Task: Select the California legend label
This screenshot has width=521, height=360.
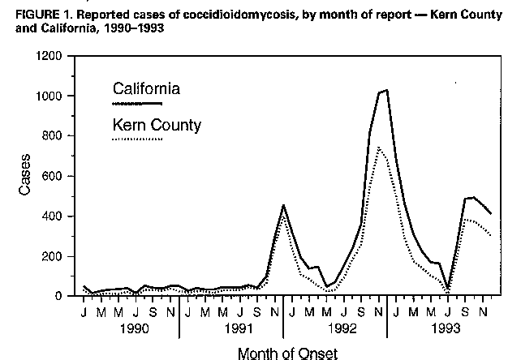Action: (x=146, y=88)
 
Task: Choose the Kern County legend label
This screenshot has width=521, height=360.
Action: (x=156, y=125)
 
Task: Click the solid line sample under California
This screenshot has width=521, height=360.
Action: (x=138, y=104)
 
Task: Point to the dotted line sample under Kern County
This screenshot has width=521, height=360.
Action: (x=138, y=139)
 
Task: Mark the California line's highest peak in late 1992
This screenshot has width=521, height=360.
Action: (x=386, y=90)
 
